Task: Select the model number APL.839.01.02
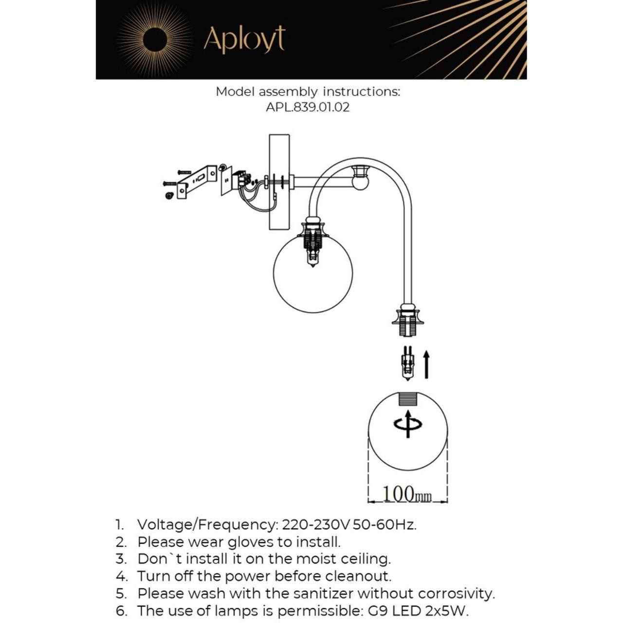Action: [x=308, y=107]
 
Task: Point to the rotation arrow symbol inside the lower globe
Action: [x=408, y=424]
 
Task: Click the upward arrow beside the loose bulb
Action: [x=426, y=365]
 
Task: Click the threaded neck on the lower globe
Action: [x=408, y=399]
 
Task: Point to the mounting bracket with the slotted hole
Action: [x=197, y=181]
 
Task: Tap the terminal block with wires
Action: [x=239, y=181]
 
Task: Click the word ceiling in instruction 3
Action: [x=365, y=559]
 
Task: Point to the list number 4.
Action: [x=121, y=576]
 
